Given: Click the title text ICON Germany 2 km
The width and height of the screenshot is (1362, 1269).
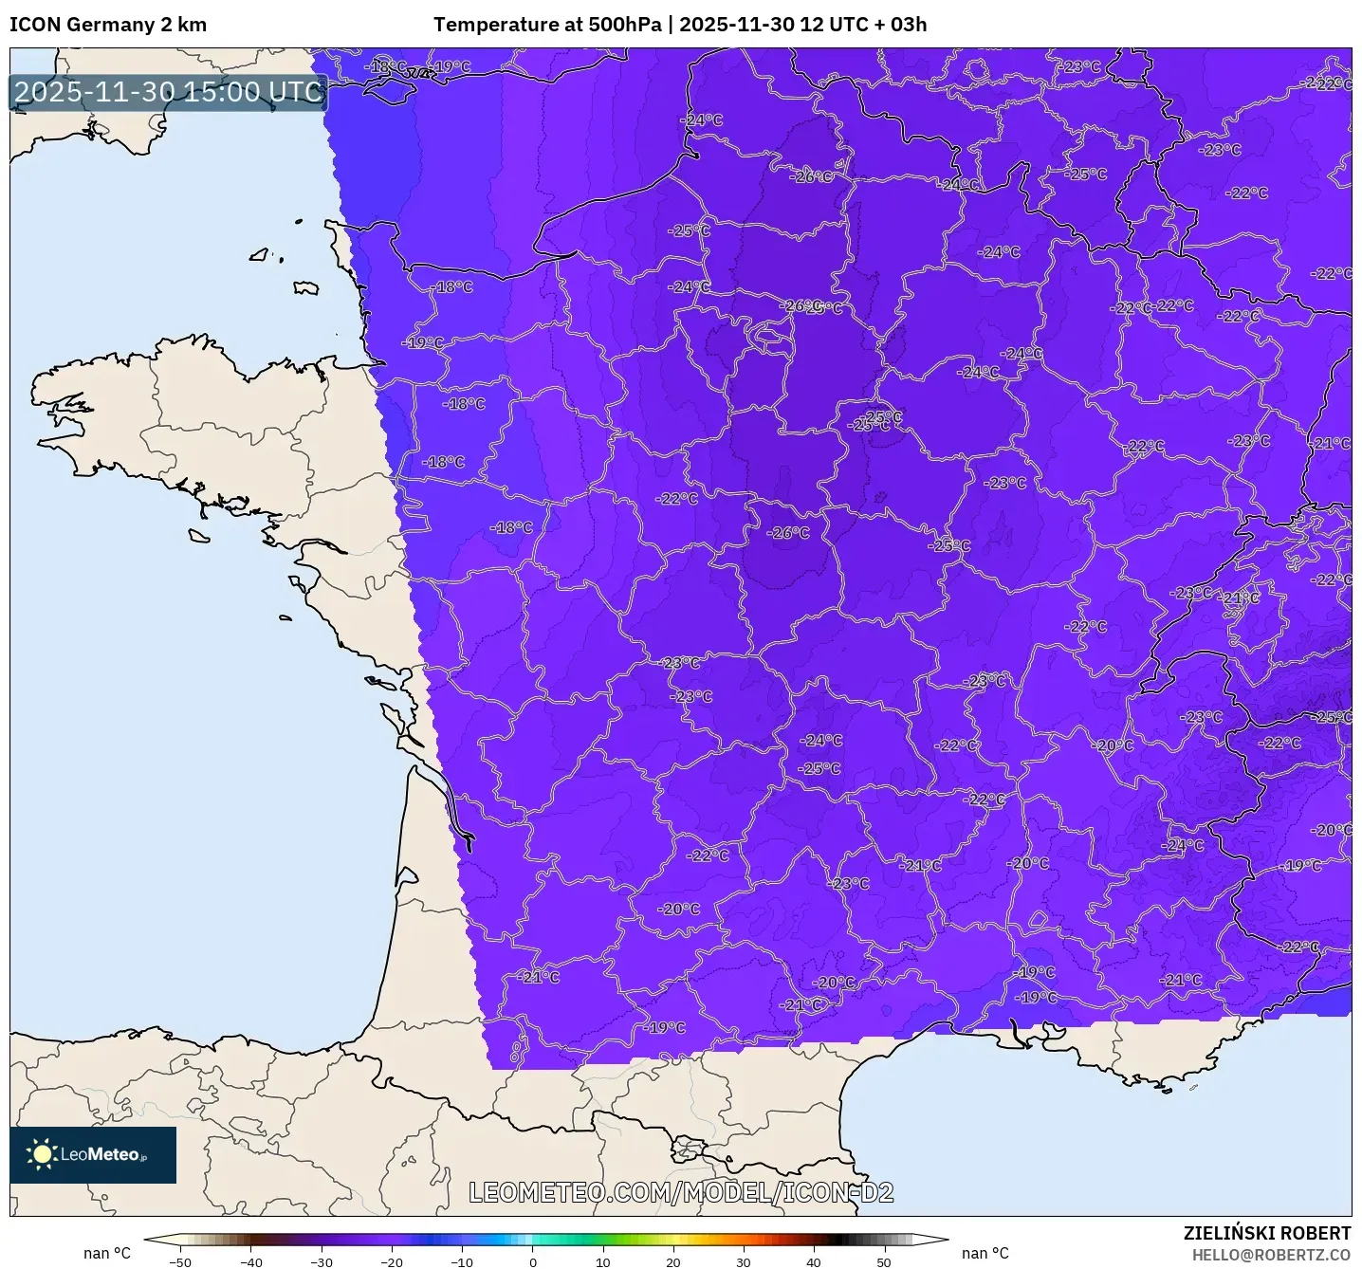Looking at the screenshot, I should point(108,25).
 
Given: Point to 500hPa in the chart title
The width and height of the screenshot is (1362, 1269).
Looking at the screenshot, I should point(624,25).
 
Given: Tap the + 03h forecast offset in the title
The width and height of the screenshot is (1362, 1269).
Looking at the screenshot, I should point(900,25).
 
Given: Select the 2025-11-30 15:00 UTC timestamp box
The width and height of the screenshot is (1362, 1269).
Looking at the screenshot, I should point(169,92).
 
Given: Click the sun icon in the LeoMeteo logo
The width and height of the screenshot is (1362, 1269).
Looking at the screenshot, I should point(42,1153).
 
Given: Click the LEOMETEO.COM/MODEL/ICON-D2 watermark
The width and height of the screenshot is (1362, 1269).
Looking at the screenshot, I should point(681,1192).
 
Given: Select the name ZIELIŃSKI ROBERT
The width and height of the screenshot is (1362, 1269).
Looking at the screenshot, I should point(1266,1233).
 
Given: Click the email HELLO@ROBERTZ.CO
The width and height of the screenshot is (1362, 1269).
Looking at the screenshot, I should point(1271,1255).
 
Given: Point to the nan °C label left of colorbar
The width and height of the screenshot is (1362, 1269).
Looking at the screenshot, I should point(107,1253).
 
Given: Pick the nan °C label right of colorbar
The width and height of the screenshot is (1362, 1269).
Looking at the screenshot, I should point(985,1253).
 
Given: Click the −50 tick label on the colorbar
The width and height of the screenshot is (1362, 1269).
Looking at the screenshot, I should point(179,1262).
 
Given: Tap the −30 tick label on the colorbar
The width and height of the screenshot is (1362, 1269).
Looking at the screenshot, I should point(321,1262).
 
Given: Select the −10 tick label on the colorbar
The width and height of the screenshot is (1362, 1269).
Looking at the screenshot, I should point(461,1262).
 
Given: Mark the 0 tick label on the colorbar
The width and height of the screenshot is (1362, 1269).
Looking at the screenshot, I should point(533,1262).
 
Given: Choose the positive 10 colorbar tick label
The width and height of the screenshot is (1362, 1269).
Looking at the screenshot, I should point(603,1262).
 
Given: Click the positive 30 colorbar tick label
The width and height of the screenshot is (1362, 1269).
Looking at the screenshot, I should point(744,1262).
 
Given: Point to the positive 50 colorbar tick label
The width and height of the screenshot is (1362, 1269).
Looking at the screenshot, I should point(884,1262).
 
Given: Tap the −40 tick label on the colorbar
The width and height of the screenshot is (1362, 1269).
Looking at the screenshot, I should point(250,1262).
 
